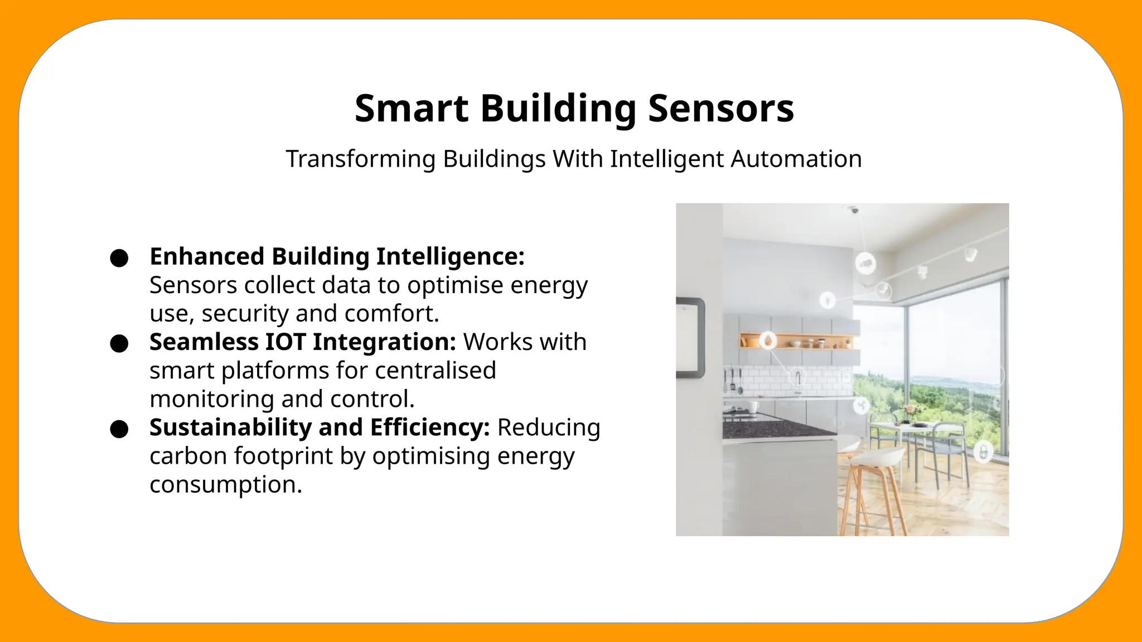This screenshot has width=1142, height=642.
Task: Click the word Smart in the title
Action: coord(412,108)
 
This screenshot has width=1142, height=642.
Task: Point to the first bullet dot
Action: coord(119,259)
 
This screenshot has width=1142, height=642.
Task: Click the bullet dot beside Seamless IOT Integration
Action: coord(119,344)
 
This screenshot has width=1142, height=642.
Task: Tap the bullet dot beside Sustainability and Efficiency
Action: coord(119,430)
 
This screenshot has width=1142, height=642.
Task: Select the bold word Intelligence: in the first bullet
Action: coord(451,256)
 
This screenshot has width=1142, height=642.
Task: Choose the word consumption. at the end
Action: coord(225,484)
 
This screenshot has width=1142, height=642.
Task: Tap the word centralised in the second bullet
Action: coord(435,370)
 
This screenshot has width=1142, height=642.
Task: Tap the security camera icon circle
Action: coord(865,263)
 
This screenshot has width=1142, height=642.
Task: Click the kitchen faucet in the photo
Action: coord(798,380)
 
